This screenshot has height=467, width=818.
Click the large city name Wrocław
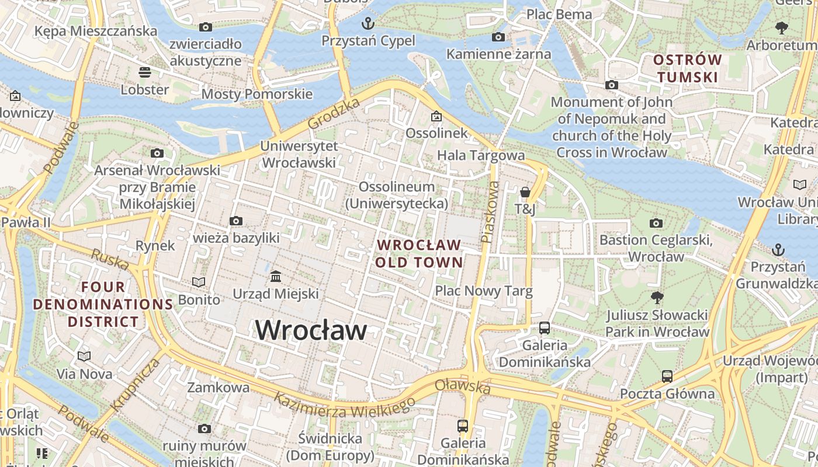pos(311,330)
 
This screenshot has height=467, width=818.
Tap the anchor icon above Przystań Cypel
pos(368,23)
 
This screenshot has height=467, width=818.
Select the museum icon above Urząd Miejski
pos(276,276)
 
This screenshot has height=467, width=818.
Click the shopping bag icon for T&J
pos(525,191)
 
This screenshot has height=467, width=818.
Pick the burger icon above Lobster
pos(145,72)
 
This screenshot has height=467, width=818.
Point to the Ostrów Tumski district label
pos(687,68)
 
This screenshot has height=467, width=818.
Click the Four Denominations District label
pos(103,304)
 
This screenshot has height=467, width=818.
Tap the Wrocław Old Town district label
pos(419,253)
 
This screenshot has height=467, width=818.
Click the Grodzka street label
pos(334,114)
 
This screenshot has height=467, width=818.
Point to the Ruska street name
pos(110,260)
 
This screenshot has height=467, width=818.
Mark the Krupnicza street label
pos(135,385)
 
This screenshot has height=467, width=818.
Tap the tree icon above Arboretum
pos(781,27)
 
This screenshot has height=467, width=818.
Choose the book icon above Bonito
pos(199,282)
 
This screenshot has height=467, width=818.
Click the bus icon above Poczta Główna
pos(667,376)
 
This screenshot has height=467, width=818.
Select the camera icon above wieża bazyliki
pos(236,221)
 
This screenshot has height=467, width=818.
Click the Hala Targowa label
pos(481,155)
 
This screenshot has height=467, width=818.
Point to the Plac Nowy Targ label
pos(484,291)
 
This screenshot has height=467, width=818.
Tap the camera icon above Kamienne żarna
pos(498,37)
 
